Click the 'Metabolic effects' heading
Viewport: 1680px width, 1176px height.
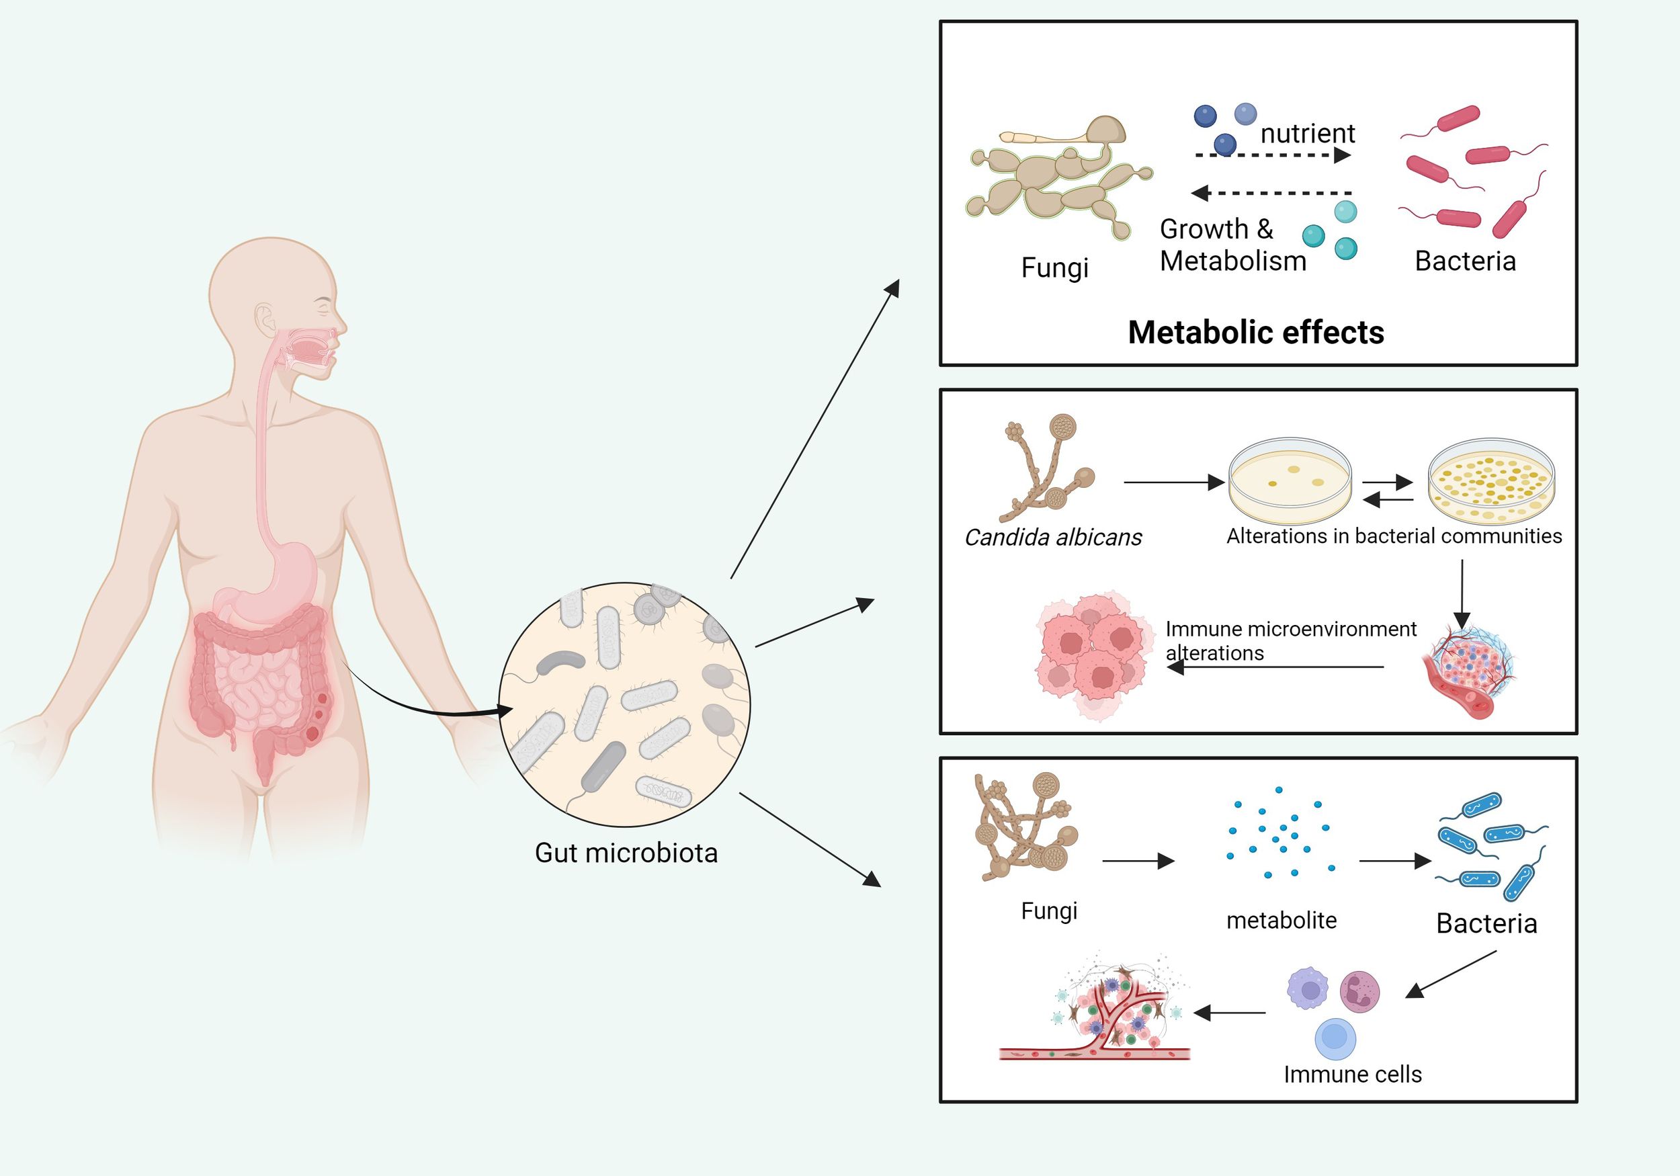[1255, 332]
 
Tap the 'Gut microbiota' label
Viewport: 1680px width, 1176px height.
[626, 853]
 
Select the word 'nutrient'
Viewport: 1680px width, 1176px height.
[1308, 133]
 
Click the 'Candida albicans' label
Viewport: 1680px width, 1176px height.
[1053, 537]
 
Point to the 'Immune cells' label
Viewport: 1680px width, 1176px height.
[1352, 1074]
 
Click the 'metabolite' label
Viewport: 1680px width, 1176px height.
[1282, 920]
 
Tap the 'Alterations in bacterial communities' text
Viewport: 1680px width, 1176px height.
[1394, 536]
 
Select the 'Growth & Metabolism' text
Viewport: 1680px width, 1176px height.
[1232, 245]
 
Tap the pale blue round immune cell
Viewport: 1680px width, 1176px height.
[1335, 1038]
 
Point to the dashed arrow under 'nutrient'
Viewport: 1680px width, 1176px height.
[1273, 155]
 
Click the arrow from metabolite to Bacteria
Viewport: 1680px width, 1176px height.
[1394, 862]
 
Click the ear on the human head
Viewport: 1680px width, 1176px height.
[265, 319]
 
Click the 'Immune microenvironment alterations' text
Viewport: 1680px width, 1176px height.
[1290, 640]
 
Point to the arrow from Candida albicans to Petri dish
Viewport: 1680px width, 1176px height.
[1174, 482]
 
